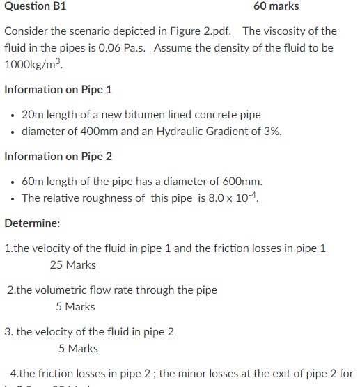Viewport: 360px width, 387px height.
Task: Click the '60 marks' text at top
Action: (276, 6)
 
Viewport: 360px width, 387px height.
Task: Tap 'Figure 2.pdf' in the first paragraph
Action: (203, 31)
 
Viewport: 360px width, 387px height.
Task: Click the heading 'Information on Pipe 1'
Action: (58, 90)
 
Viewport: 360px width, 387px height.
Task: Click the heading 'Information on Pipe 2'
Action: (58, 156)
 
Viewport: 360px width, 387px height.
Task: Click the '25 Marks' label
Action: (73, 264)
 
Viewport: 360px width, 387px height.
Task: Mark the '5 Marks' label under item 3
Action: (78, 348)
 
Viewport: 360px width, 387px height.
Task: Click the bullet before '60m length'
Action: (13, 181)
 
